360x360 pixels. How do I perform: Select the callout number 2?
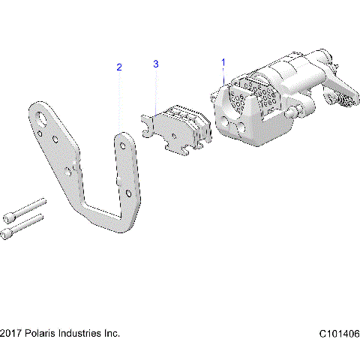pos(118,67)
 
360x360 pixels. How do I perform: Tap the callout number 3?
pos(156,64)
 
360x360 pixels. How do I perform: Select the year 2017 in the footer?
pos(10,333)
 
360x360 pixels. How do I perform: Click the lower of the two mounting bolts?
pos(25,224)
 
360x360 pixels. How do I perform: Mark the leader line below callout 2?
pos(119,101)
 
